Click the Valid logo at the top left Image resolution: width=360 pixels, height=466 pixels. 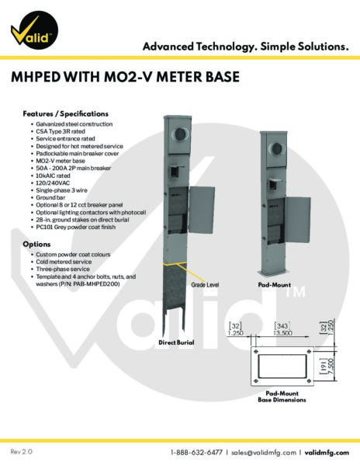coord(34,30)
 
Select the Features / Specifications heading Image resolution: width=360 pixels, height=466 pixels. coord(66,114)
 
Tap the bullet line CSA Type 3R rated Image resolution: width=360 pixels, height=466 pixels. coord(61,131)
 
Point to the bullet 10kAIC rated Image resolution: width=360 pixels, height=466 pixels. coord(53,176)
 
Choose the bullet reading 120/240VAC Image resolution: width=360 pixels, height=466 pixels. coord(53,183)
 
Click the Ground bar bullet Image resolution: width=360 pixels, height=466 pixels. coord(50,197)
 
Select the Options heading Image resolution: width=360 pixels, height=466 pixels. coord(36,245)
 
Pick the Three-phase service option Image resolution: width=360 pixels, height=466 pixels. coord(63,269)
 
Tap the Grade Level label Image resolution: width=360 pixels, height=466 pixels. coord(205,285)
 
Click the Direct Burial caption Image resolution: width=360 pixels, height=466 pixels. coord(176,343)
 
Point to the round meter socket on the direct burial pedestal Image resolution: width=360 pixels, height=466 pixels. coord(181,134)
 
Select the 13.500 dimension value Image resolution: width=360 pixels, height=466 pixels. coord(282,333)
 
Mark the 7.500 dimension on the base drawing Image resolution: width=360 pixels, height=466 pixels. coord(331,368)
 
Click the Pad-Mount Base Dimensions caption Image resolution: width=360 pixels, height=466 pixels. coord(282,397)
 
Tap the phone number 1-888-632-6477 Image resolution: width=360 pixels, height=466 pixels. coord(196,452)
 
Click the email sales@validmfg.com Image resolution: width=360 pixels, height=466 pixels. coord(264,453)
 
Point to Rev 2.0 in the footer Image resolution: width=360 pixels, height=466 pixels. coord(22,452)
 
